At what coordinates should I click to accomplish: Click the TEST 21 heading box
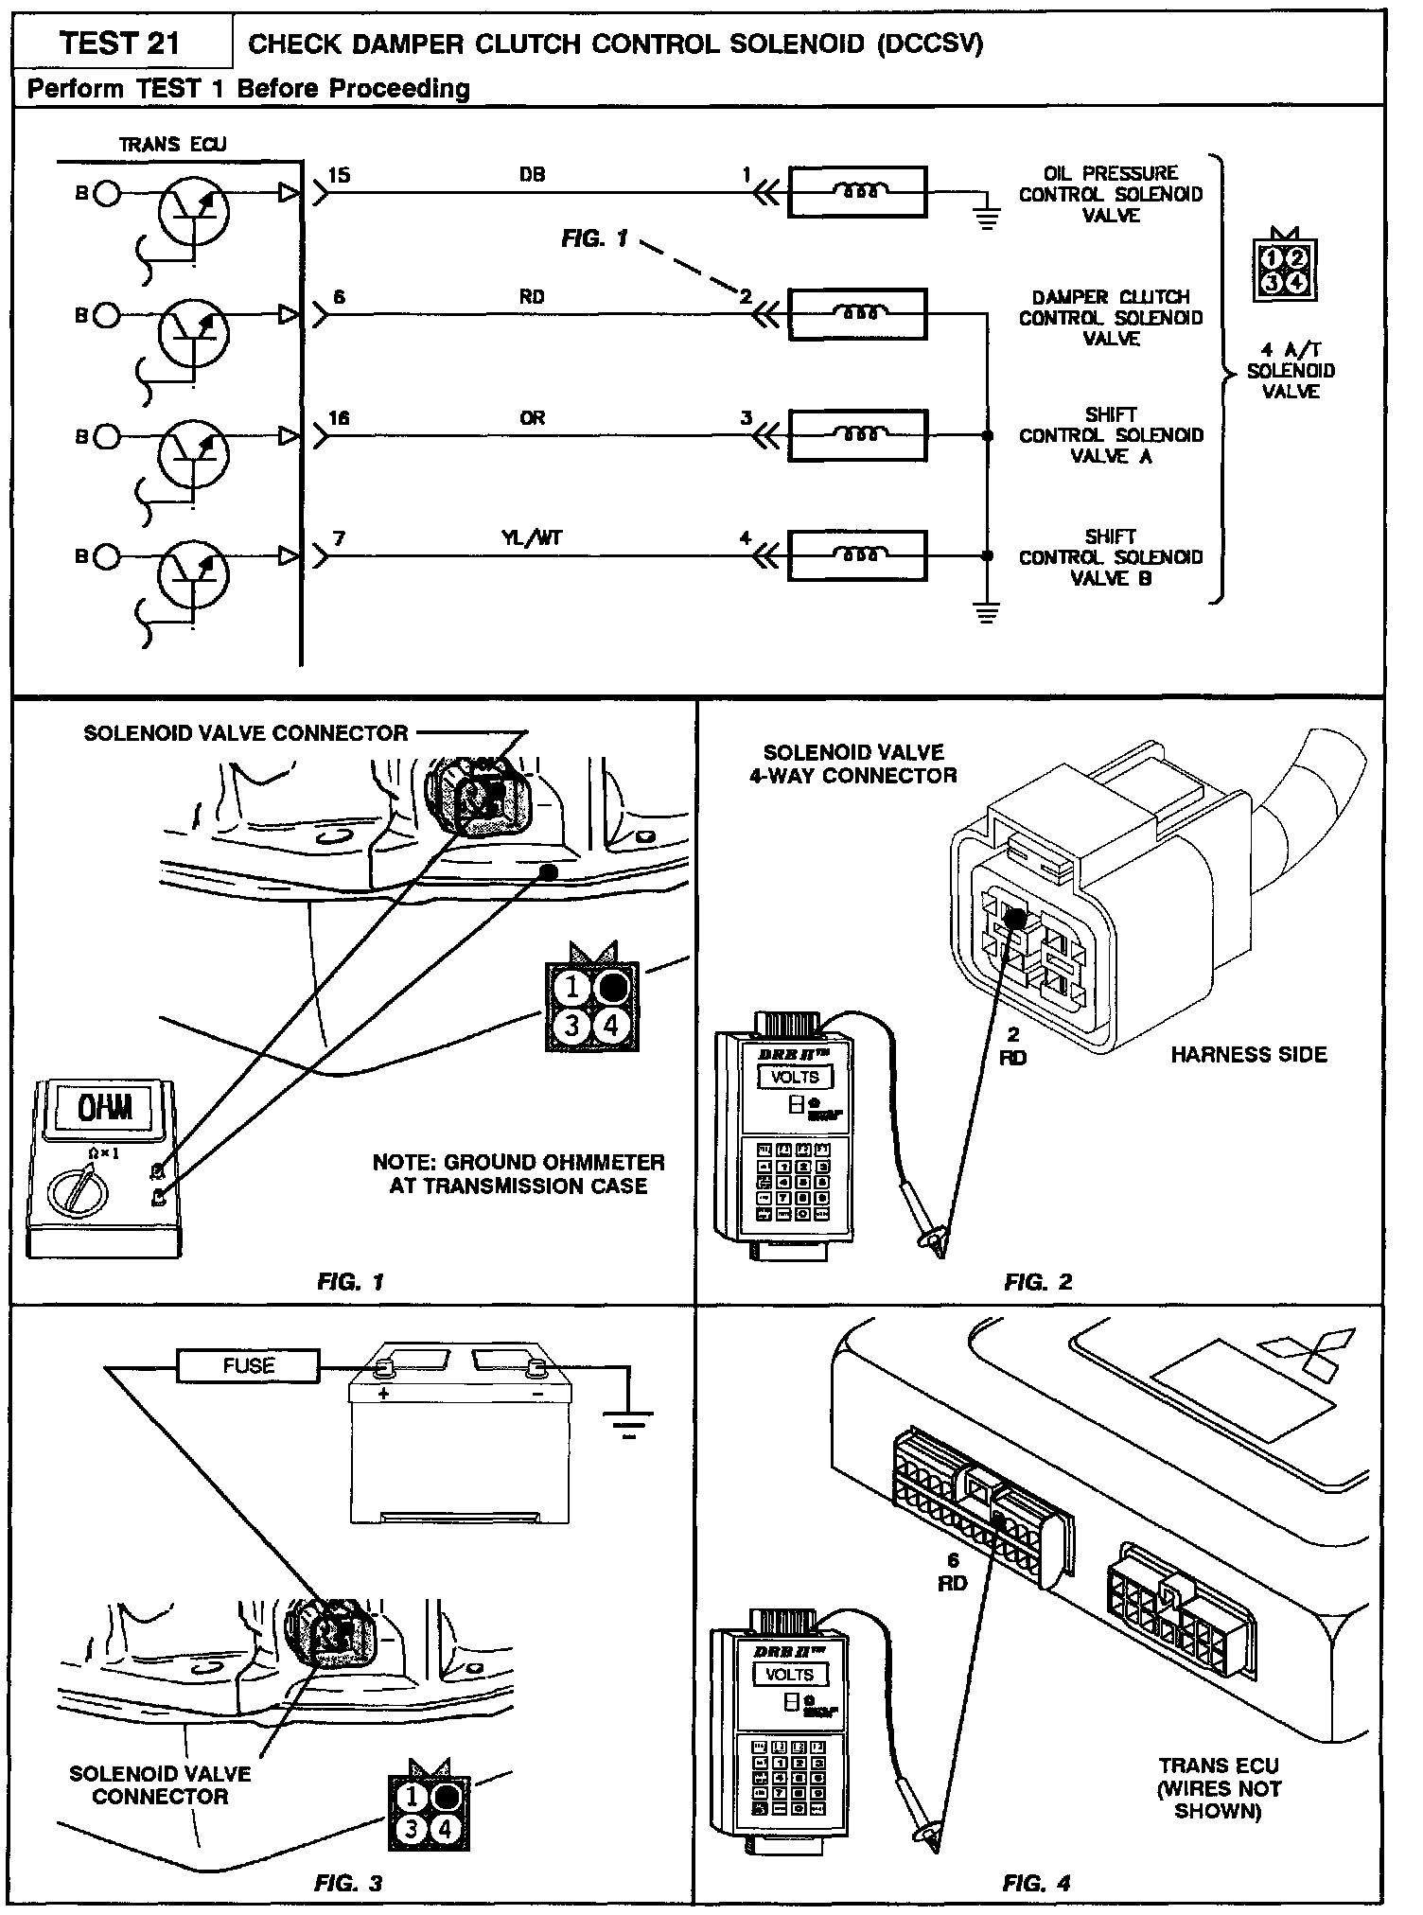pyautogui.click(x=120, y=44)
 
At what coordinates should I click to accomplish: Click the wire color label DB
pyautogui.click(x=532, y=175)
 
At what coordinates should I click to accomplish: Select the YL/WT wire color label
pyautogui.click(x=532, y=538)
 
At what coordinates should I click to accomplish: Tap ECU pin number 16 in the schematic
pyautogui.click(x=339, y=417)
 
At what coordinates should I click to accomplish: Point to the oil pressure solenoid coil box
pyautogui.click(x=857, y=191)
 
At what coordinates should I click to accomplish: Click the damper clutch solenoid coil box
pyautogui.click(x=857, y=314)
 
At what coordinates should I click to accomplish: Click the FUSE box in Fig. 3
pyautogui.click(x=249, y=1365)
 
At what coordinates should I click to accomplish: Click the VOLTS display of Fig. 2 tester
pyautogui.click(x=795, y=1077)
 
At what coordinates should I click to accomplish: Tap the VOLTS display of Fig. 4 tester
pyautogui.click(x=788, y=1674)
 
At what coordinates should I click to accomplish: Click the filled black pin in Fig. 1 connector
pyautogui.click(x=612, y=988)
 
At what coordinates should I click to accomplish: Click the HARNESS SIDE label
pyautogui.click(x=1248, y=1054)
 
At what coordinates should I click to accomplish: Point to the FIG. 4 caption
pyautogui.click(x=1037, y=1884)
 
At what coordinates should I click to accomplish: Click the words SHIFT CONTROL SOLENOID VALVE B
pyautogui.click(x=1110, y=557)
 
